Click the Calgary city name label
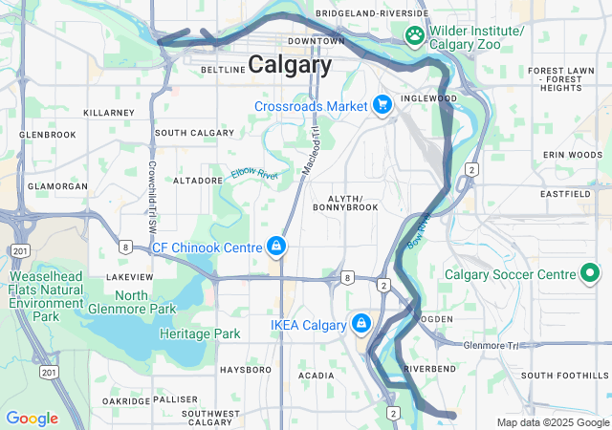click(x=290, y=65)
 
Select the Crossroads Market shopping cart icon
click(x=382, y=105)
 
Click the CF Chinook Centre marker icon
click(x=275, y=247)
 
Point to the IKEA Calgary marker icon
click(x=361, y=324)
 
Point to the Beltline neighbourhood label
click(x=224, y=70)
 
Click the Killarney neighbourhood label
click(x=109, y=112)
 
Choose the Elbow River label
click(x=252, y=174)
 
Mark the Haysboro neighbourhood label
click(x=246, y=369)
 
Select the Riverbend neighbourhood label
click(x=428, y=368)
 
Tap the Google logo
click(x=32, y=419)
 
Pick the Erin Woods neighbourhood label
click(x=573, y=154)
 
